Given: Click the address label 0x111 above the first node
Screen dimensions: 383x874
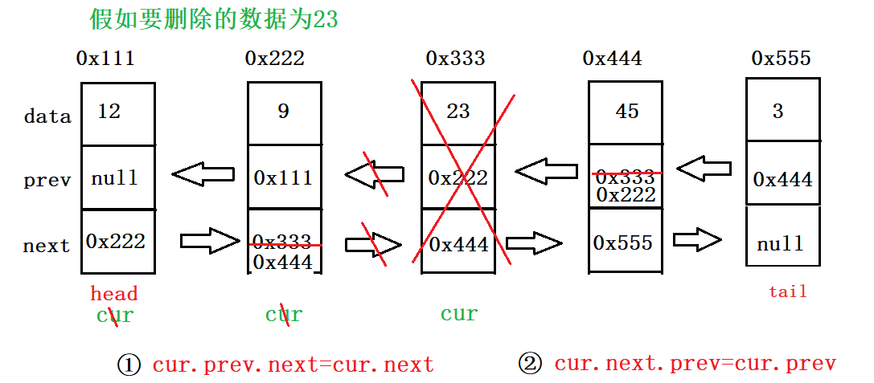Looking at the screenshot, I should pos(105,59).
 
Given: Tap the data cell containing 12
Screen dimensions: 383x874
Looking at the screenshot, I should pos(117,113).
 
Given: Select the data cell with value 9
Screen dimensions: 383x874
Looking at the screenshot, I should pos(284,113).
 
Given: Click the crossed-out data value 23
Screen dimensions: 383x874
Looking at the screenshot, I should pos(458,112).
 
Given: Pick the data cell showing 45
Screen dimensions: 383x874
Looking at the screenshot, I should pos(626,112).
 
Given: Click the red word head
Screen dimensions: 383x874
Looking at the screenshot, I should pos(114,294).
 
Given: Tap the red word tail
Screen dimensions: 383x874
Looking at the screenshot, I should pos(787,291).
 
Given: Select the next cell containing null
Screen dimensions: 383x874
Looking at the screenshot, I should pos(781,242).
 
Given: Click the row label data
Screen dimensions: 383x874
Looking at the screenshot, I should pos(47,117).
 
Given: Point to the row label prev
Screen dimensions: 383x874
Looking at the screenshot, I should pos(47,181).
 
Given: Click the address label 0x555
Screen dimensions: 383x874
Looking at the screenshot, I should pos(781,59).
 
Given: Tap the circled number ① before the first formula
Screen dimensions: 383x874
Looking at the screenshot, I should pos(129,365).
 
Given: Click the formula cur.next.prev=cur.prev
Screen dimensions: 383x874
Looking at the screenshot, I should pos(695,364).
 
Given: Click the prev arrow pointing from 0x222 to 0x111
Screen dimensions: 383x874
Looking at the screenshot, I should pos(203,173).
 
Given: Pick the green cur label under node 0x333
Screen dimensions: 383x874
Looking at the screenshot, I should pos(459,314).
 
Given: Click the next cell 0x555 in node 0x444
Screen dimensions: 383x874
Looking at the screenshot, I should pos(623,242).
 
